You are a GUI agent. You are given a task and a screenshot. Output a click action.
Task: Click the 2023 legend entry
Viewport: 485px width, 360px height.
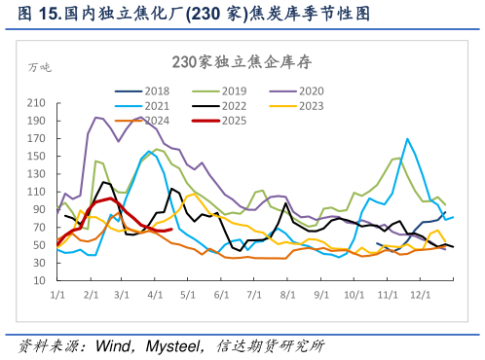pos(311,106)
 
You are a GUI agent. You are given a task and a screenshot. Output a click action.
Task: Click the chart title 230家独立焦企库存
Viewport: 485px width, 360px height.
pos(242,61)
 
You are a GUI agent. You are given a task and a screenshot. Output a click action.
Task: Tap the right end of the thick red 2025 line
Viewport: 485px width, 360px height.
pos(170,230)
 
